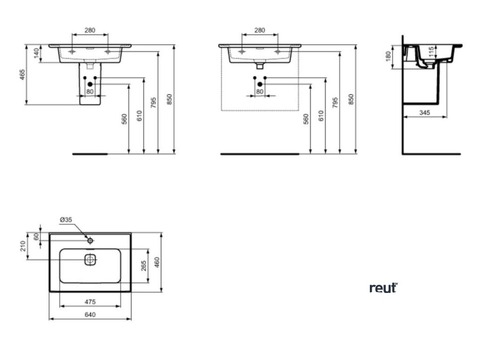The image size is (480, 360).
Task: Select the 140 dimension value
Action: (x=36, y=54)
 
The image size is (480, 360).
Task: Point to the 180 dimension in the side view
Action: (x=387, y=57)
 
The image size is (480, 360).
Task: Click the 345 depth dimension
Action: (x=424, y=112)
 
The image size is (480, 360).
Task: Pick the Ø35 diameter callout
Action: (x=66, y=219)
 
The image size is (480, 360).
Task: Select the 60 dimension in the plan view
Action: (x=36, y=237)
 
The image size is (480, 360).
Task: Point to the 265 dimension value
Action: (x=144, y=266)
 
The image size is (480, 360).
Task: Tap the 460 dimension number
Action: (x=157, y=262)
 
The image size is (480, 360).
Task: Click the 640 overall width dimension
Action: (x=90, y=315)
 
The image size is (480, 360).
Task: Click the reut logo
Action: (x=383, y=288)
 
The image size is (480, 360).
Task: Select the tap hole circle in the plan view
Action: (x=90, y=240)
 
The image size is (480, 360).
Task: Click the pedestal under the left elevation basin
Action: (x=90, y=94)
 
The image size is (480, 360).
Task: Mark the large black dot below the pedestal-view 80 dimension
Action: (x=90, y=84)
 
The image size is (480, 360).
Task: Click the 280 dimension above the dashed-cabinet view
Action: (x=259, y=30)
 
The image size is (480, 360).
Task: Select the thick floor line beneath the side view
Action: (x=431, y=153)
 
